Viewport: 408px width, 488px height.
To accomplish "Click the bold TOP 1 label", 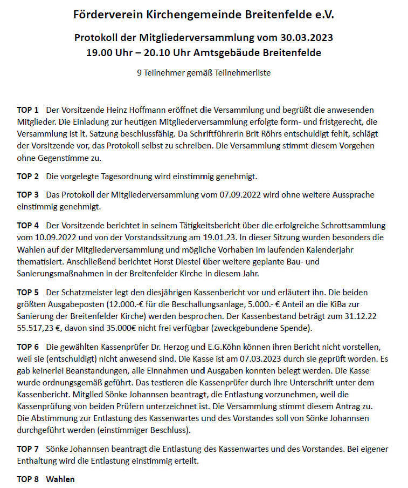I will point(28,110).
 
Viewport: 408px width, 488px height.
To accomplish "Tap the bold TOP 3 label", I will point(28,195).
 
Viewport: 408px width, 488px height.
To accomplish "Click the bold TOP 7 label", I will point(28,449).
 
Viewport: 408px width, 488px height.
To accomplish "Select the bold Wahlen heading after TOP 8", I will point(60,479).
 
